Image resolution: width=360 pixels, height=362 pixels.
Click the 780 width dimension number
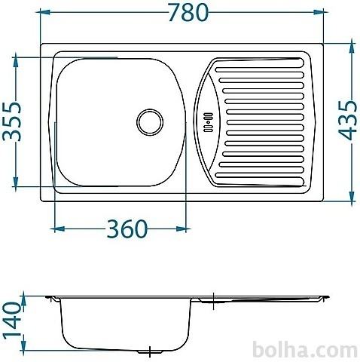188,12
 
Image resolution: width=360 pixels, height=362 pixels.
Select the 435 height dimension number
347,120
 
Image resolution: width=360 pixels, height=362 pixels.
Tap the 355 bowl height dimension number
12,121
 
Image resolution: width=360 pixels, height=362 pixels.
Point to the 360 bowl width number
127,229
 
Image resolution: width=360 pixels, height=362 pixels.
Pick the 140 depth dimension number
11,321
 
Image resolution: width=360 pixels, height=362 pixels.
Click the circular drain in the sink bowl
150,122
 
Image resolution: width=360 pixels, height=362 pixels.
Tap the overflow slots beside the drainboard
209,122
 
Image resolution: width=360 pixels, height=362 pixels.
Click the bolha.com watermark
305,349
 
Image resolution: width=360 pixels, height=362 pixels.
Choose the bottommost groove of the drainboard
260,182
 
